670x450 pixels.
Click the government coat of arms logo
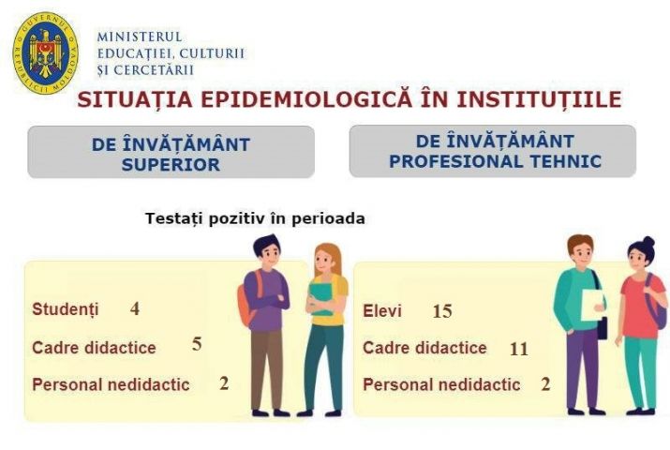45,53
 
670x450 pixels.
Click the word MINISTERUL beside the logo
140,37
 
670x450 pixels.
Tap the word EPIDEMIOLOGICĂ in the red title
306,99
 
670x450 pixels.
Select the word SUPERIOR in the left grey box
171,164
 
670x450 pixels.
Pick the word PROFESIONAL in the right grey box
456,161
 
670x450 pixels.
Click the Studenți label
66,309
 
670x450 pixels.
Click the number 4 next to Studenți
135,308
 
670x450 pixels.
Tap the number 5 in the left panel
197,344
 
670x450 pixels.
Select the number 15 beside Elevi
442,311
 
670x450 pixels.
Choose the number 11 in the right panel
519,349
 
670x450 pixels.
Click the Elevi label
382,311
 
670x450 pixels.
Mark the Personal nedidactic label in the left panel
111,384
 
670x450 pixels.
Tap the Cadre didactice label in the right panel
424,348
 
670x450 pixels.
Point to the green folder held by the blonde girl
321,298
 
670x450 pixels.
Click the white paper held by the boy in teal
592,305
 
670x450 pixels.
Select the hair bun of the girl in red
648,242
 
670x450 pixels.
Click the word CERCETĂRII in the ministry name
154,70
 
